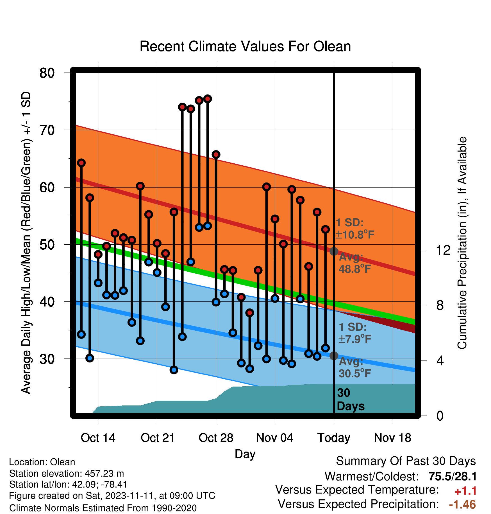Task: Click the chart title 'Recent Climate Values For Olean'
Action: (x=245, y=46)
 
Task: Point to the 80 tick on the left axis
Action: (x=47, y=73)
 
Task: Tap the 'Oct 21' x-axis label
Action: (x=158, y=438)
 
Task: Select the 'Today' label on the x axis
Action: (x=334, y=438)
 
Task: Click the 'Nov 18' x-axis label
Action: (x=392, y=438)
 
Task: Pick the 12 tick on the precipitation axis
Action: (x=443, y=250)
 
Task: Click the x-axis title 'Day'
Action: (x=245, y=454)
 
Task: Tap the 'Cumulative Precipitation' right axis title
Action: (x=462, y=243)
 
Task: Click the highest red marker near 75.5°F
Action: (x=208, y=99)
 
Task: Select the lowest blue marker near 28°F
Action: (x=174, y=370)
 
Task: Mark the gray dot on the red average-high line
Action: (x=334, y=251)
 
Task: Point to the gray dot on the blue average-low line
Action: (x=334, y=356)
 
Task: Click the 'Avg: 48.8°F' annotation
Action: (x=354, y=263)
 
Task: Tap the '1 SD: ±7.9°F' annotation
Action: (x=355, y=333)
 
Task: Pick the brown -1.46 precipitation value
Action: (x=462, y=505)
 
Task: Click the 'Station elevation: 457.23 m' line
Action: (x=67, y=474)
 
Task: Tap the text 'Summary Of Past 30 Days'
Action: (x=406, y=461)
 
